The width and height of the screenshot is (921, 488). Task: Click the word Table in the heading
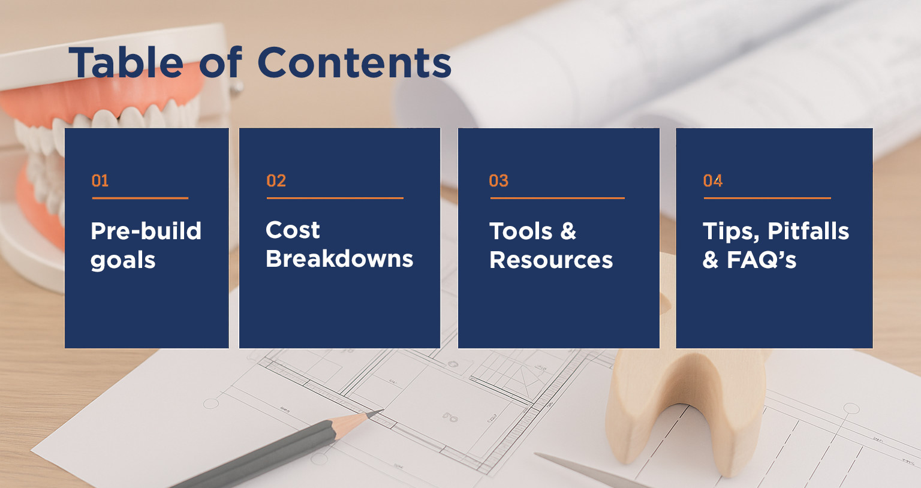[126, 62]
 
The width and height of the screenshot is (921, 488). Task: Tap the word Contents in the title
[354, 62]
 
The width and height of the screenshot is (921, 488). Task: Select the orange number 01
[100, 181]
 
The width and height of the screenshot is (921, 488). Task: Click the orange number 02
[276, 181]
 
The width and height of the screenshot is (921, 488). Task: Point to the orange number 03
[499, 181]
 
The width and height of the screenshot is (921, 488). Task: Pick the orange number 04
[712, 181]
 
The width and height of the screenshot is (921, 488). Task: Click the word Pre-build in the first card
[146, 231]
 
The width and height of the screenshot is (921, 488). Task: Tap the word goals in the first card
[123, 261]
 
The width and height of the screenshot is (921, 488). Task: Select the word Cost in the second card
[293, 230]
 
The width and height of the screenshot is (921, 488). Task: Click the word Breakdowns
[339, 258]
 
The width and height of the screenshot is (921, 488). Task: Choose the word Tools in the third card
[520, 231]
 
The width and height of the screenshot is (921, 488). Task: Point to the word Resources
[551, 260]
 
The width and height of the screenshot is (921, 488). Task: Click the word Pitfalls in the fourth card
[808, 231]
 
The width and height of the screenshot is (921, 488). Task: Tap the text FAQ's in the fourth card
[762, 260]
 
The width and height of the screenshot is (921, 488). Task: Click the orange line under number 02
[335, 198]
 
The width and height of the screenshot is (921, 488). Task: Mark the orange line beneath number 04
[767, 198]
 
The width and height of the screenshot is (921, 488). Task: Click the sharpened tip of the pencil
[382, 410]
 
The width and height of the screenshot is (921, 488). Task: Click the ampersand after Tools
[568, 231]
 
